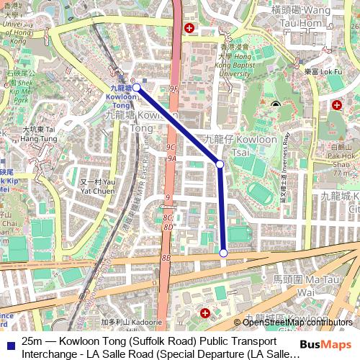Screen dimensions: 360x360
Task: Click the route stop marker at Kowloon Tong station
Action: (135, 89)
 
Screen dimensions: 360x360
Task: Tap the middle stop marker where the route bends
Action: (220, 165)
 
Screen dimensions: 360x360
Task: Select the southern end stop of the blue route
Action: (224, 253)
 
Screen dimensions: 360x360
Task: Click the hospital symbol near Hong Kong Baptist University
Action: (189, 28)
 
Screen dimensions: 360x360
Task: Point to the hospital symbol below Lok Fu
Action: (337, 105)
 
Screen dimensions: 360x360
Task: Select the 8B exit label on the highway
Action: (166, 257)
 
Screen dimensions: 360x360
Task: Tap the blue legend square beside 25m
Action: (10, 341)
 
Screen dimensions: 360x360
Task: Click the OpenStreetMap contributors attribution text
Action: (297, 322)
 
